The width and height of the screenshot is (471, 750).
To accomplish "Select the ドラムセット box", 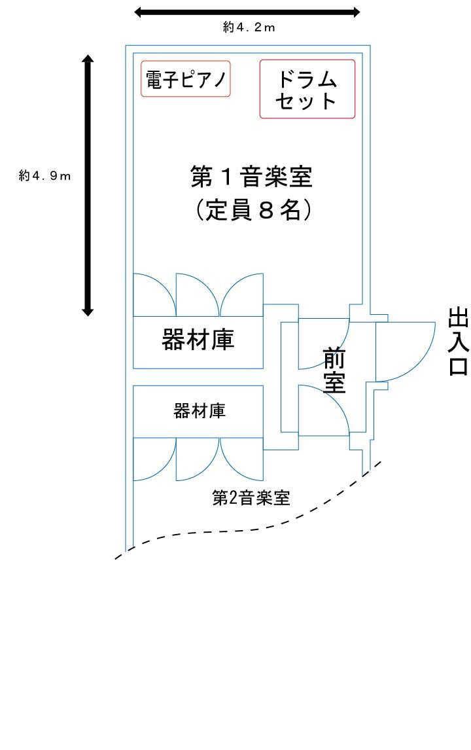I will click(307, 89).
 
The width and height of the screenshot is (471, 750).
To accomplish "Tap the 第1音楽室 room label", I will click(251, 177).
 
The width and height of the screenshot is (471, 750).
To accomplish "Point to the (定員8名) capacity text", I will click(252, 211).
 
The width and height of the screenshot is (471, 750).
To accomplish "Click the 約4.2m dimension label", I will click(248, 27).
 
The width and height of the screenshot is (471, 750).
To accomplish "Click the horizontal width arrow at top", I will click(247, 12).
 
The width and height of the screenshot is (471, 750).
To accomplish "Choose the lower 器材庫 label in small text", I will click(199, 411).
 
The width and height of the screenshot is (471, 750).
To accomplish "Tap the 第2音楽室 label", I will click(251, 497).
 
